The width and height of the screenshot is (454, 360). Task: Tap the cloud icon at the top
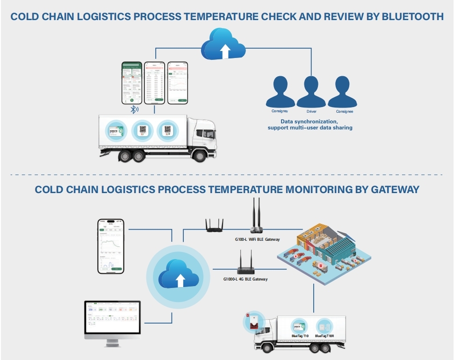tap(223, 44)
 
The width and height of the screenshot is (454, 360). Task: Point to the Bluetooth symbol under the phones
tap(134, 109)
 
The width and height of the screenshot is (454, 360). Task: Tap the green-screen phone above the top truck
tap(131, 83)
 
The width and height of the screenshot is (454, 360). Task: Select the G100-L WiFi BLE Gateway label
tap(257, 239)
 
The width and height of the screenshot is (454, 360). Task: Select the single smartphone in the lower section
tap(110, 246)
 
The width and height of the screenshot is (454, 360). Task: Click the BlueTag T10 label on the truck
tap(300, 336)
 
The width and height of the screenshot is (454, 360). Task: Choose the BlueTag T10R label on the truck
tap(325, 336)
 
